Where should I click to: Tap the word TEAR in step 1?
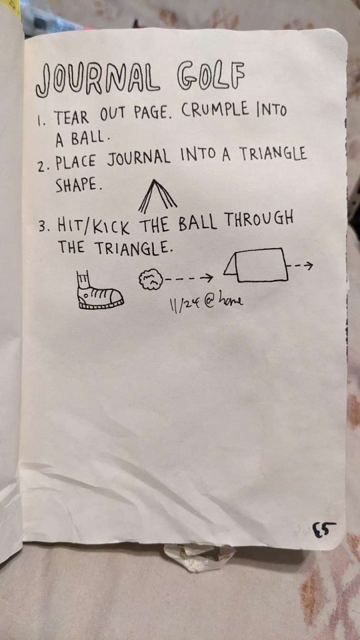click(71, 117)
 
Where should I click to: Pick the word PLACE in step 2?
click(76, 163)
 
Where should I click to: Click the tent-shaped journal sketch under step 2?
click(157, 196)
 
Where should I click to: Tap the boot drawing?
click(99, 289)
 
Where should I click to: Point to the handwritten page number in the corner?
click(324, 529)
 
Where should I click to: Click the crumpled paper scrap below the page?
click(199, 557)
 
